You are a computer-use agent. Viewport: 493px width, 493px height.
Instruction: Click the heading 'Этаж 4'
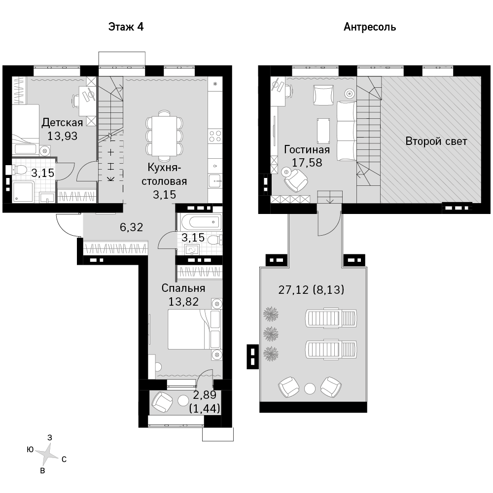pyautogui.click(x=126, y=27)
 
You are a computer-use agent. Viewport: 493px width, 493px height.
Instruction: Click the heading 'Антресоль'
pyautogui.click(x=370, y=27)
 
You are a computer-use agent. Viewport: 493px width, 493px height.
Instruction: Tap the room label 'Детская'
pyautogui.click(x=62, y=122)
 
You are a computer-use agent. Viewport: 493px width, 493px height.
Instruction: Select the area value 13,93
pyautogui.click(x=62, y=136)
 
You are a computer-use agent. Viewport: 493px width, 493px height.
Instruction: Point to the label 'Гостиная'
pyautogui.click(x=307, y=149)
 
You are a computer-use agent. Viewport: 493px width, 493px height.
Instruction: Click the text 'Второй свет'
pyautogui.click(x=436, y=141)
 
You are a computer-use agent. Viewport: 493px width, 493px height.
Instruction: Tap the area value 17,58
pyautogui.click(x=307, y=163)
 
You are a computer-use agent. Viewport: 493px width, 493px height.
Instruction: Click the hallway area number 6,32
pyautogui.click(x=132, y=227)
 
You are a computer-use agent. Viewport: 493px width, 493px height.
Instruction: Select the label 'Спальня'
pyautogui.click(x=183, y=288)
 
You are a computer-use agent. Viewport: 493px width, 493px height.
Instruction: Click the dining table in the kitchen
pyautogui.click(x=164, y=136)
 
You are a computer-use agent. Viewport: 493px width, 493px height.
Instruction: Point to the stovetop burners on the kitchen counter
pyautogui.click(x=215, y=136)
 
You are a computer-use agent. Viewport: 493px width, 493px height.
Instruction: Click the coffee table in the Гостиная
pyautogui.click(x=323, y=131)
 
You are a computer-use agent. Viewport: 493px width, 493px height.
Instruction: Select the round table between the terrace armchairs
pyautogui.click(x=310, y=389)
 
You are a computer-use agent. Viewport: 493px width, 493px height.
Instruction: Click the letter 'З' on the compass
pyautogui.click(x=49, y=437)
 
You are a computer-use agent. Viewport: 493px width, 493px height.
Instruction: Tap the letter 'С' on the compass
pyautogui.click(x=64, y=459)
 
